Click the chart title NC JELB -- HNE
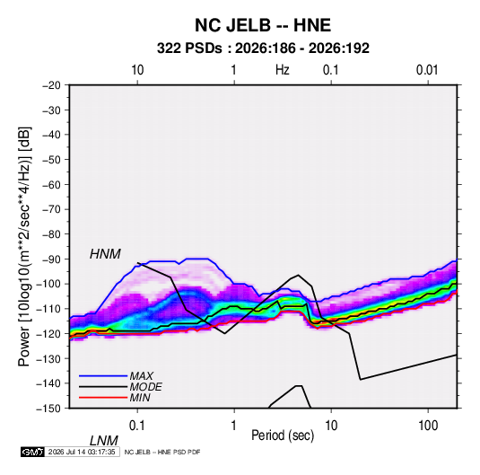[263, 25]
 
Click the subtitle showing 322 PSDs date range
[263, 48]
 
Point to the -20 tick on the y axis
[51, 85]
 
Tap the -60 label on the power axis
[51, 184]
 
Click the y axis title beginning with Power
[24, 246]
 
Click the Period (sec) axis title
[283, 435]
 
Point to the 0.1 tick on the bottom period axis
[137, 426]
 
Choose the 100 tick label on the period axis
[428, 426]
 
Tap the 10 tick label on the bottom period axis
[331, 426]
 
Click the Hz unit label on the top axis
[283, 70]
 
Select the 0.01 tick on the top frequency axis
[427, 70]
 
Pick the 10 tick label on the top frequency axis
[137, 70]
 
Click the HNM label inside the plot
[105, 254]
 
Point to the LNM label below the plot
[103, 441]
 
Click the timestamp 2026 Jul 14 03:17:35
[82, 452]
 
